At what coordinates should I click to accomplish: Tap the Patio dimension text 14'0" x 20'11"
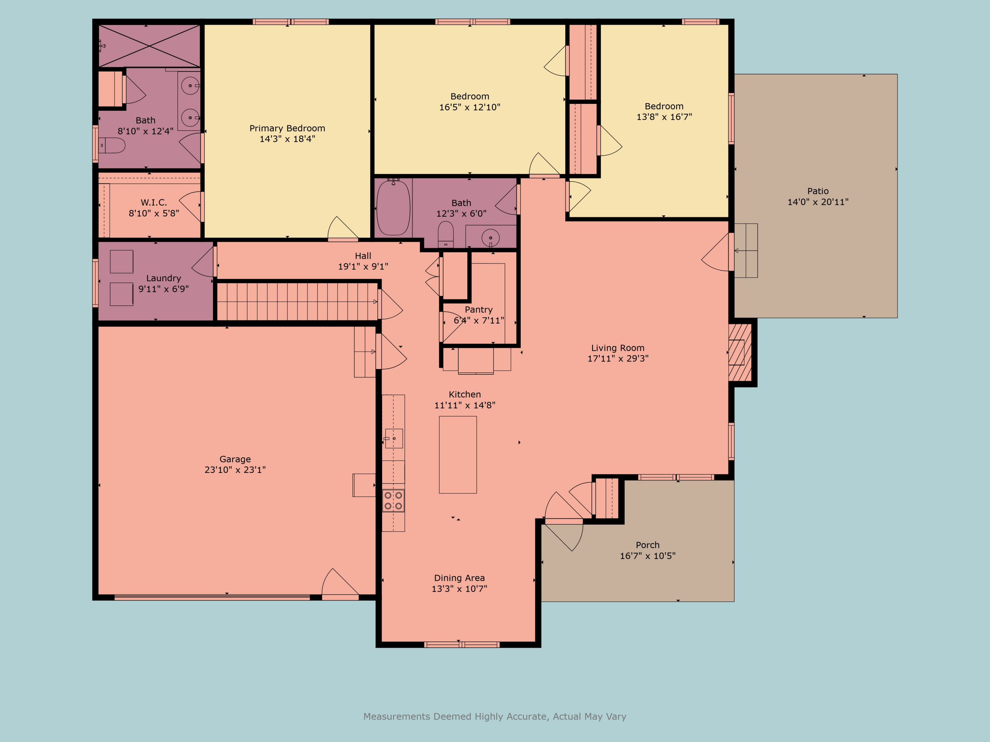tap(818, 202)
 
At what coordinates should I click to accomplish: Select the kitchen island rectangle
tap(458, 454)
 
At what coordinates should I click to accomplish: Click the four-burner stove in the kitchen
tap(393, 501)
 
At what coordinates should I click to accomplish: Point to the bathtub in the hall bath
tap(393, 207)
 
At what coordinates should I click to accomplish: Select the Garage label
tap(235, 459)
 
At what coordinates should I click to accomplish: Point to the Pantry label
tap(478, 310)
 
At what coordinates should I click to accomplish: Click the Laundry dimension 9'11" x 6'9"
tap(163, 289)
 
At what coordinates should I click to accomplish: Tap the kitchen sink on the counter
tap(394, 438)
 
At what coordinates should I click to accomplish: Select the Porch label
tap(647, 545)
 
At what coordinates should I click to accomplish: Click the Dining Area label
tap(459, 578)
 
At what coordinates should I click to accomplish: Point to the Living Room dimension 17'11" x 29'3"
tap(618, 358)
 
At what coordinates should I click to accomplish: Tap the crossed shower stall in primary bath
tap(149, 46)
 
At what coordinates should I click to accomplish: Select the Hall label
tap(363, 256)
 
